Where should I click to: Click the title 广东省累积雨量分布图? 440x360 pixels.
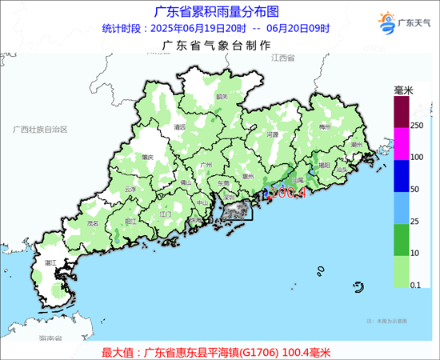click(x=216, y=11)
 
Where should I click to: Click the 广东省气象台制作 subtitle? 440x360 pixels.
click(x=216, y=46)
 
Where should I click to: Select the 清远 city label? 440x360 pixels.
click(x=179, y=126)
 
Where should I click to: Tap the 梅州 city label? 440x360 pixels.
click(x=324, y=126)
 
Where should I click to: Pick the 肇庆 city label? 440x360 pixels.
click(x=146, y=158)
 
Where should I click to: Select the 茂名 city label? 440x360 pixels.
click(x=92, y=223)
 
